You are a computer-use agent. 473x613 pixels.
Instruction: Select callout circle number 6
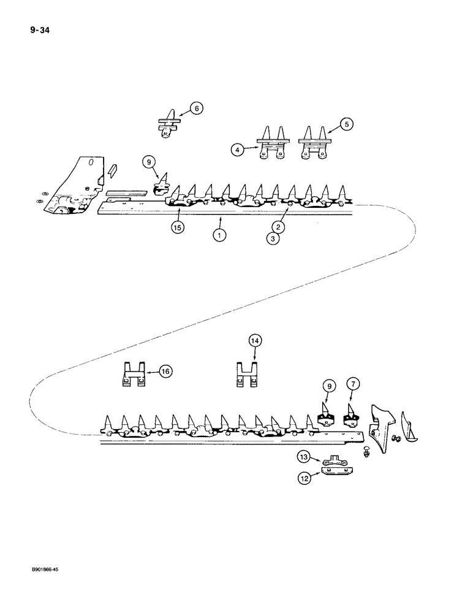pos(196,109)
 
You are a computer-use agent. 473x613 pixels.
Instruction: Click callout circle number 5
pos(347,124)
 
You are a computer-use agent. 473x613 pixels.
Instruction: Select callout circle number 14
pos(254,340)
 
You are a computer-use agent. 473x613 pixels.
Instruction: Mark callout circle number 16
pos(165,370)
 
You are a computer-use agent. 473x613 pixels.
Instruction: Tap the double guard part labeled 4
pos(270,147)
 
